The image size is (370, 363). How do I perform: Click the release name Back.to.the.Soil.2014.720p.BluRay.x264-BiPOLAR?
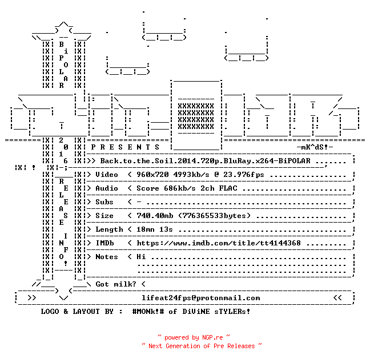(x=206, y=161)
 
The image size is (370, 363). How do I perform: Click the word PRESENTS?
(x=125, y=147)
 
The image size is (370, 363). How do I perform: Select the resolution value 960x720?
(x=152, y=175)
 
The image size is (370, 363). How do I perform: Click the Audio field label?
(x=107, y=188)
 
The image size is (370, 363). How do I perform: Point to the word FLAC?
(x=228, y=188)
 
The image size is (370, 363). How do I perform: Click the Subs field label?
(x=104, y=202)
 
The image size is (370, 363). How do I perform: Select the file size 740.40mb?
(x=155, y=216)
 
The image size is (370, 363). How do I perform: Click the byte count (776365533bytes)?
(x=215, y=216)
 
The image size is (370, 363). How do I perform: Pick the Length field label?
(x=109, y=229)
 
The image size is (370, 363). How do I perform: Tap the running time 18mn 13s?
(x=155, y=229)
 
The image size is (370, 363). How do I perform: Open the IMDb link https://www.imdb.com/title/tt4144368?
(x=219, y=243)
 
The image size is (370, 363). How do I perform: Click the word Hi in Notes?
(x=141, y=257)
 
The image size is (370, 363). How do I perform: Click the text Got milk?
(x=116, y=284)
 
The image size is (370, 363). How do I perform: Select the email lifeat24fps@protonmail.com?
(x=201, y=298)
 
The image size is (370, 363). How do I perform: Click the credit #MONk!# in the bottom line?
(x=148, y=312)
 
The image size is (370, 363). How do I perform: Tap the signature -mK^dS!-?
(x=315, y=147)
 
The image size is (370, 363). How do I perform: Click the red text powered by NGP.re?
(x=194, y=337)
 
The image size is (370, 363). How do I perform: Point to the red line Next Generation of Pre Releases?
(x=202, y=346)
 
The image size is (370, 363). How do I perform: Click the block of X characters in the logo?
(x=196, y=116)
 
